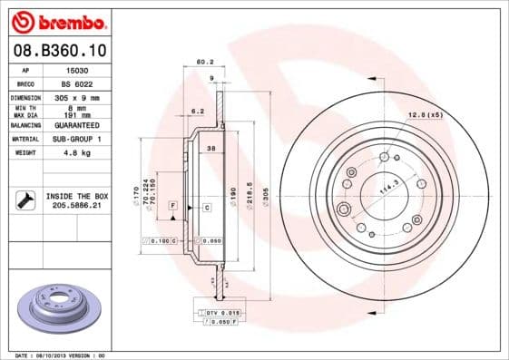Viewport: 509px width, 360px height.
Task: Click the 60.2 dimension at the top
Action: coord(204,63)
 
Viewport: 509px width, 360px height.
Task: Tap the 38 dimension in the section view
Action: coord(210,147)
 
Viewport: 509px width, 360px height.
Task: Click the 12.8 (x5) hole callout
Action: coord(424,115)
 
